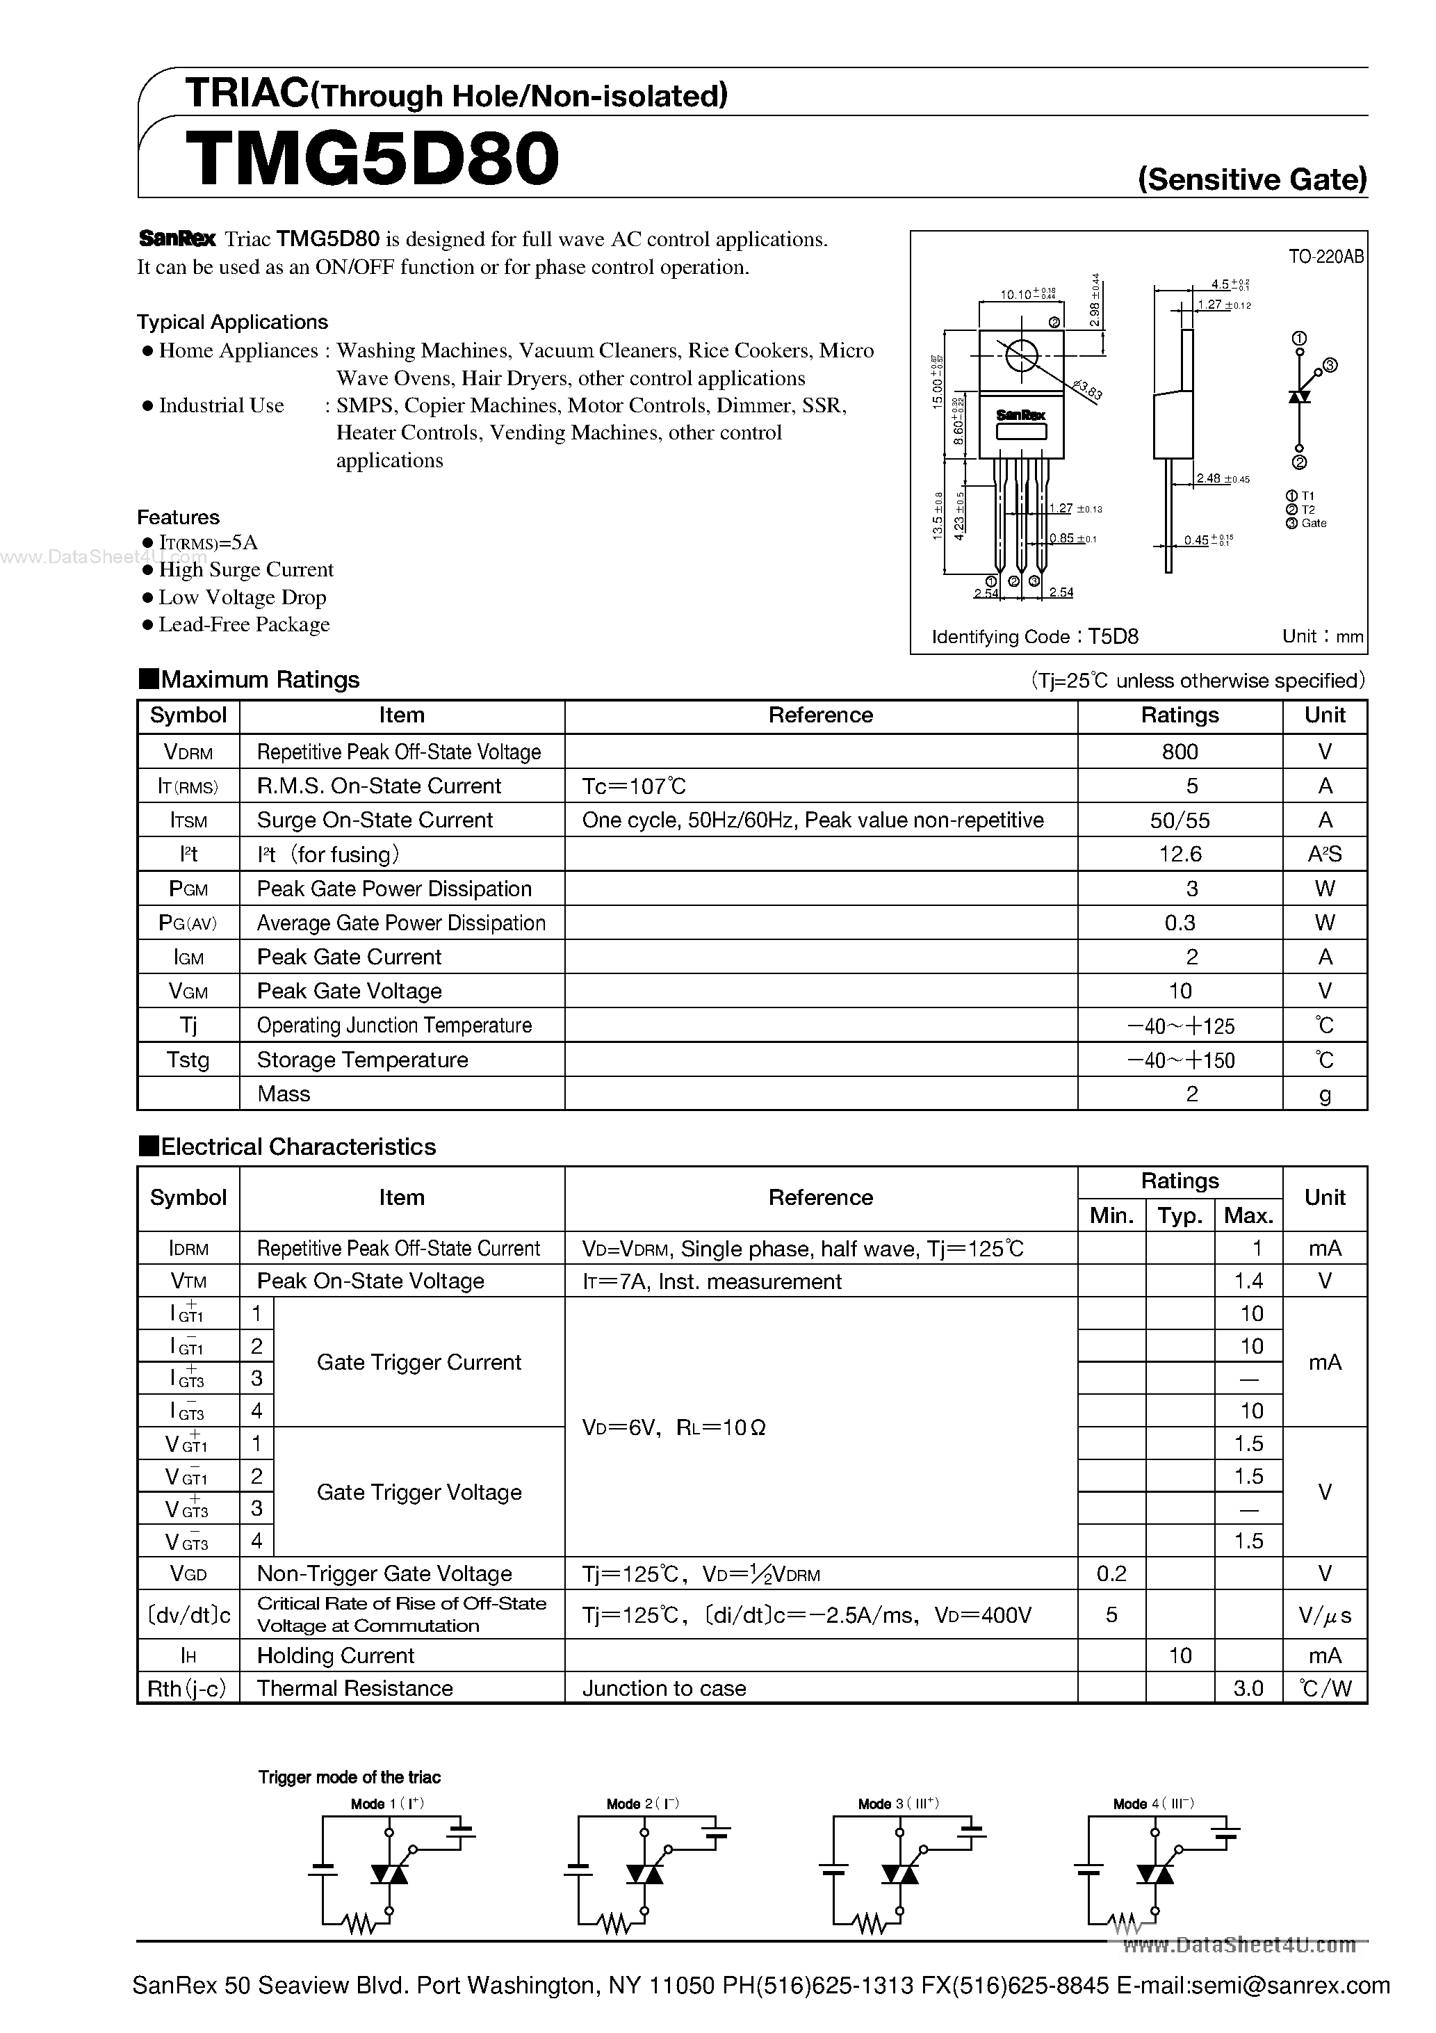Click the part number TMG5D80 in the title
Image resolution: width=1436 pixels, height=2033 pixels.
372,159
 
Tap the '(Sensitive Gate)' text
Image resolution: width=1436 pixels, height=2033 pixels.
1252,180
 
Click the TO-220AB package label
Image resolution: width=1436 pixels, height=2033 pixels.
1325,257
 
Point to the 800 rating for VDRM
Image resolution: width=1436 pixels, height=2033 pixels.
1180,752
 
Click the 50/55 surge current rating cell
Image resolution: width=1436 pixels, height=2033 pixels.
1180,820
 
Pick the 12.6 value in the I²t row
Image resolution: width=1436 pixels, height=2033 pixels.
1180,854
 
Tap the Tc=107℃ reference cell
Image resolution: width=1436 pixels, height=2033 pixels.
634,786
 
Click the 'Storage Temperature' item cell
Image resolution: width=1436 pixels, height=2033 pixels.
362,1060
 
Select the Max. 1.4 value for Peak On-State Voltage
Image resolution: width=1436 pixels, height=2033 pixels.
1248,1281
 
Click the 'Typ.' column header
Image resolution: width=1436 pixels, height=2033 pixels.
1180,1216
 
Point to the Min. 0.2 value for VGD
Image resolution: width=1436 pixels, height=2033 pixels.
1111,1573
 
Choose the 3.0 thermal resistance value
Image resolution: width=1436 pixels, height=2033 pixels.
1248,1689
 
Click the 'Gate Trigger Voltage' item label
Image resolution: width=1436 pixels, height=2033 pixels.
418,1492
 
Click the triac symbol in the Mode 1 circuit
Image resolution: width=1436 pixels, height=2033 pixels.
389,1874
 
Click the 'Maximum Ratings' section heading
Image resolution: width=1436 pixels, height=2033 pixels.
259,679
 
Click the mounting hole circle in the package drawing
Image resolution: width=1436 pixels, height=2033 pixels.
1021,356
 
